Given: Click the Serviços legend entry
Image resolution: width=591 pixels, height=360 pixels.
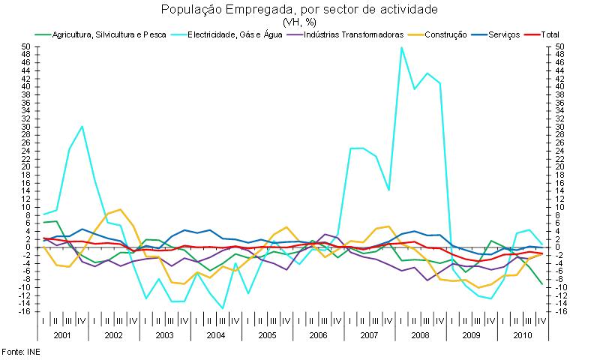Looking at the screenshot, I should click(x=503, y=34).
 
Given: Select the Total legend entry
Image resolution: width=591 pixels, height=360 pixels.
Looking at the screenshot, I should click(x=549, y=34).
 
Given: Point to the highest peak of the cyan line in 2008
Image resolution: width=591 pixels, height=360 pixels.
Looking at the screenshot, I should click(x=402, y=48).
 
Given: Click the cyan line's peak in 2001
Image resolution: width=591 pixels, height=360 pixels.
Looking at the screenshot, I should click(x=82, y=126).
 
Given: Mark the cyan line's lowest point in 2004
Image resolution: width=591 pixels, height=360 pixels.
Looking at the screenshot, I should click(x=222, y=308).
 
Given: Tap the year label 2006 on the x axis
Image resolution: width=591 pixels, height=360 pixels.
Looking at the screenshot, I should click(x=317, y=334).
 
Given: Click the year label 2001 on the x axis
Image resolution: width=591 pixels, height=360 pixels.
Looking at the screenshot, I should click(x=63, y=334).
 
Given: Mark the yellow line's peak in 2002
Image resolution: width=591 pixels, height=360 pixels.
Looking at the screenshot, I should click(x=120, y=209).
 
